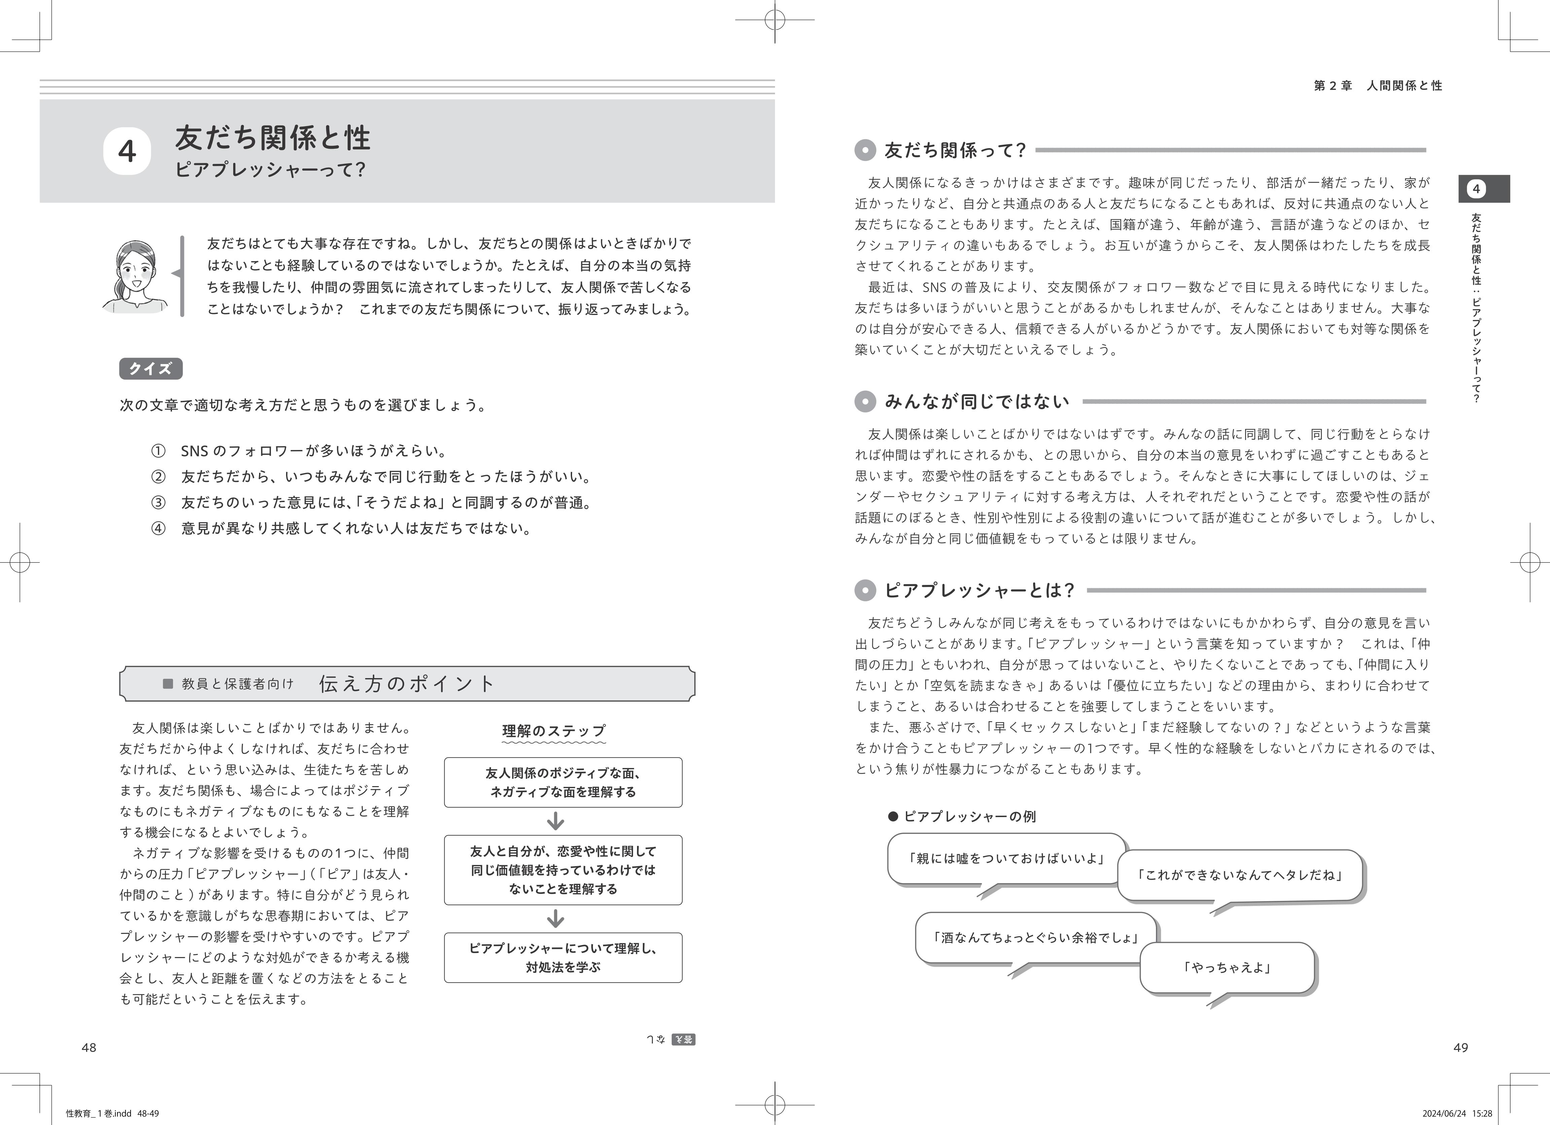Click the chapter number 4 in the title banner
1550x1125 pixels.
tap(127, 151)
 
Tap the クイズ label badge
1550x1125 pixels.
tap(150, 369)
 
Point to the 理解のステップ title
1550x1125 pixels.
tap(554, 731)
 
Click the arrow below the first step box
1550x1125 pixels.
tap(556, 821)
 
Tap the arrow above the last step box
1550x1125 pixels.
tap(556, 919)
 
